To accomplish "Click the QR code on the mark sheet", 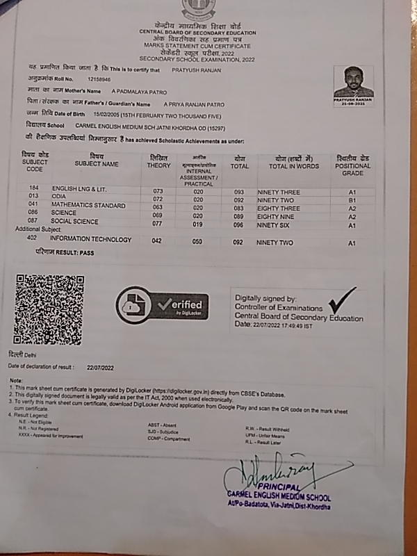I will [49, 309].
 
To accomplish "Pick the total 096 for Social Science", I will [239, 224].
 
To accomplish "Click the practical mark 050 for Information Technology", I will [198, 242].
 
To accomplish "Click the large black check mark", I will [342, 301].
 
